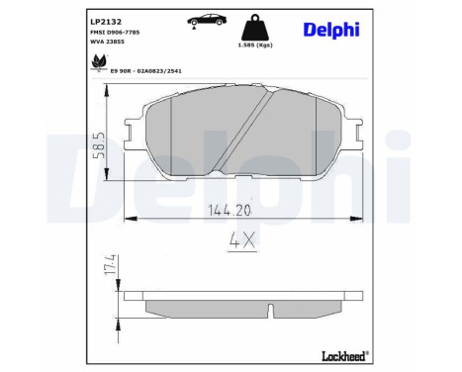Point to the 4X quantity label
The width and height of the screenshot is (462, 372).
pyautogui.click(x=241, y=238)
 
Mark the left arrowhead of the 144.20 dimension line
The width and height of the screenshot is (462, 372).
pyautogui.click(x=126, y=218)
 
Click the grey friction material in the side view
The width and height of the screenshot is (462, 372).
pyautogui.click(x=198, y=306)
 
